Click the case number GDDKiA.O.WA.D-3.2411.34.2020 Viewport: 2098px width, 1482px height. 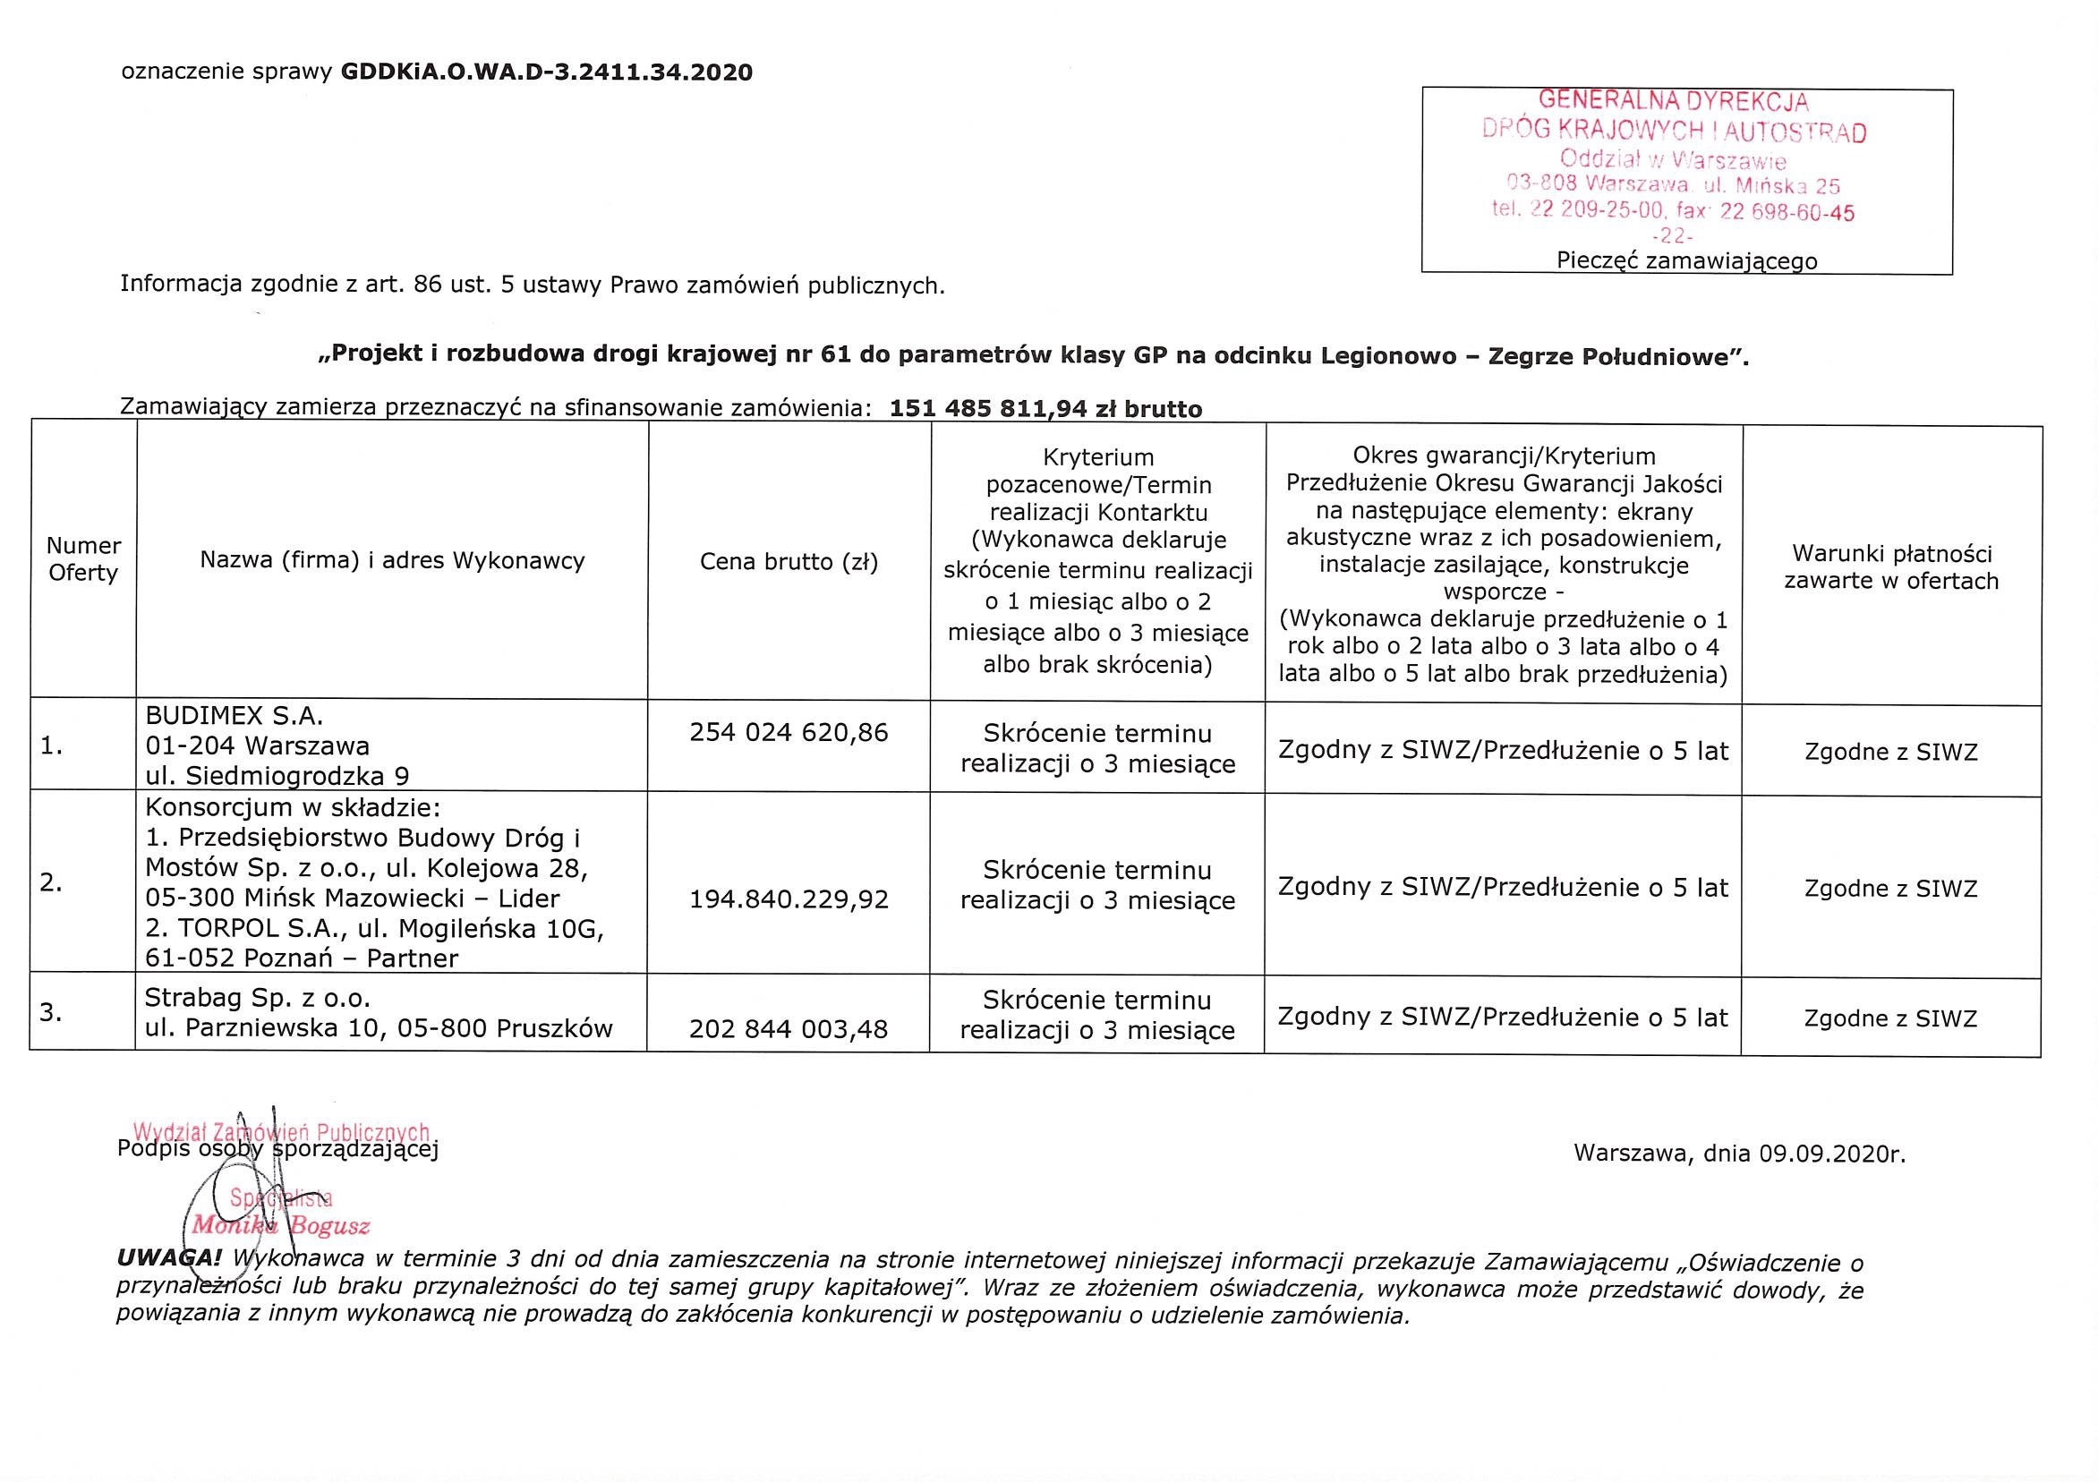click(x=547, y=72)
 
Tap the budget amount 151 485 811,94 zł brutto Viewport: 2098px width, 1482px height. click(x=1045, y=409)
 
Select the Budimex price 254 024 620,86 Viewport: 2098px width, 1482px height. click(x=789, y=732)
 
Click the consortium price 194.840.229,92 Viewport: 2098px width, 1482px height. click(x=789, y=900)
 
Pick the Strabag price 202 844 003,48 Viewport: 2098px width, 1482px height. click(x=789, y=1029)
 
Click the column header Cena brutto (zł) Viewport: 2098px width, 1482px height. click(x=789, y=561)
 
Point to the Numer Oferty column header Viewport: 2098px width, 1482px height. click(x=83, y=559)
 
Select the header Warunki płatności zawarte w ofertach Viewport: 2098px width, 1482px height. click(x=1890, y=566)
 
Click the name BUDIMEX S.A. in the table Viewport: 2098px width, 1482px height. click(x=235, y=714)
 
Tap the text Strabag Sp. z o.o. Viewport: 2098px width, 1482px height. click(x=258, y=997)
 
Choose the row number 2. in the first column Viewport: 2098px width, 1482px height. click(x=51, y=882)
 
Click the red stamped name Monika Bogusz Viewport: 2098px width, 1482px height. click(x=280, y=1226)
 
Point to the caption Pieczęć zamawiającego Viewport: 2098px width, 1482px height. click(x=1687, y=261)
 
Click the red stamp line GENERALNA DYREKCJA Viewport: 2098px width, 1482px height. click(x=1673, y=100)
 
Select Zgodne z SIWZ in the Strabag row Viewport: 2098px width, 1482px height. click(x=1890, y=1018)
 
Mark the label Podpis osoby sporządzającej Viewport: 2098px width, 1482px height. click(x=277, y=1149)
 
